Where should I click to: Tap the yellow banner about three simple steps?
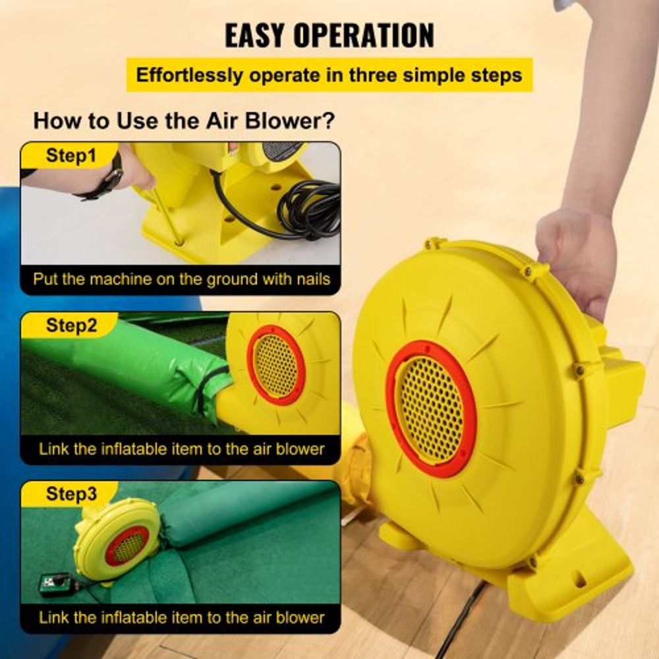[x=329, y=74]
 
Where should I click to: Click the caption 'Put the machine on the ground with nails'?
[x=181, y=279]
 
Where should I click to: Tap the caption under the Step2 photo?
[x=181, y=449]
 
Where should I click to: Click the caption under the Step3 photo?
[x=181, y=617]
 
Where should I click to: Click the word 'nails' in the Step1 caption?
[x=310, y=279]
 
